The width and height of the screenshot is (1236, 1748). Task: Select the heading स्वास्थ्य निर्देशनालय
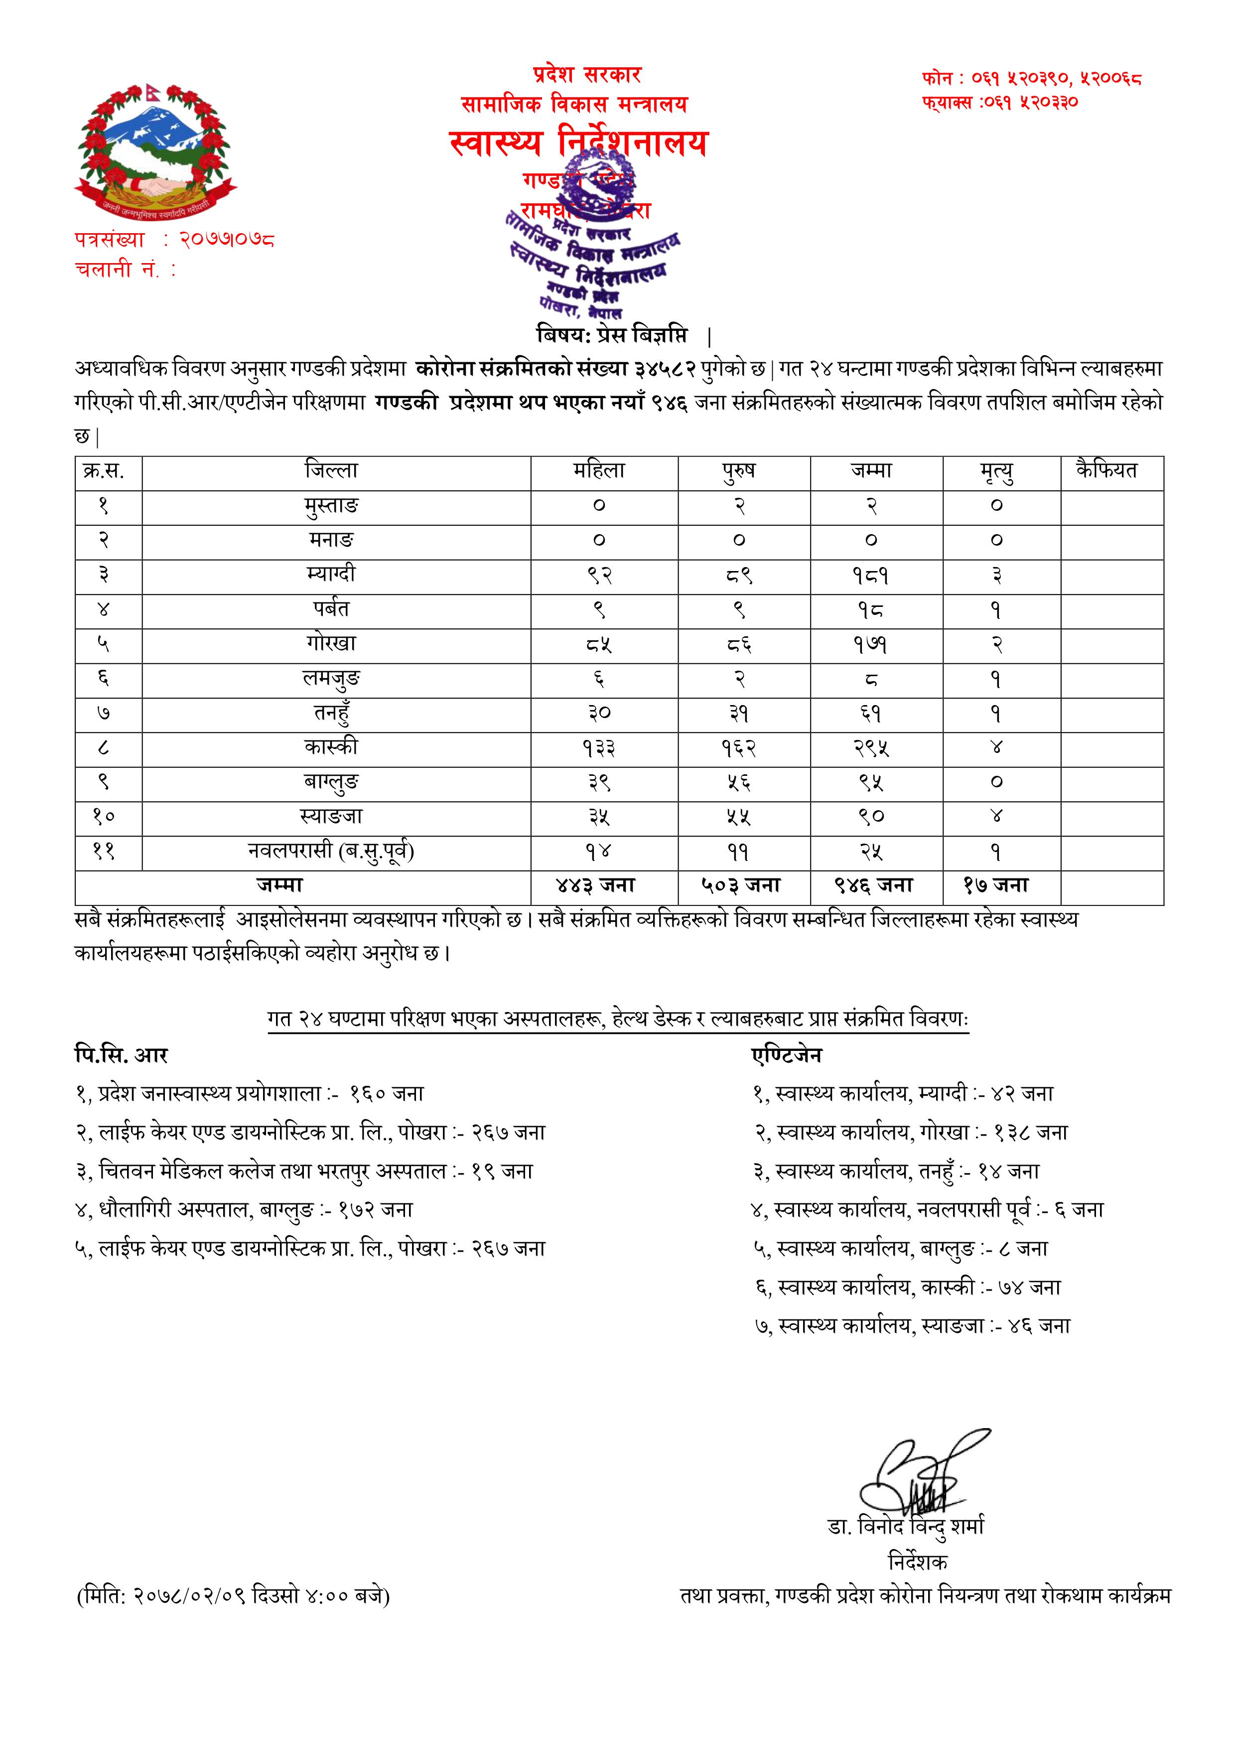[578, 143]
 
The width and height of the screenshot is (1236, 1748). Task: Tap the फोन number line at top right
[1031, 78]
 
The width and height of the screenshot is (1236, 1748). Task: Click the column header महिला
[600, 471]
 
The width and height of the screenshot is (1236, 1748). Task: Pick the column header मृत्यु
[997, 472]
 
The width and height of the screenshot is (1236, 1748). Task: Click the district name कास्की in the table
[331, 747]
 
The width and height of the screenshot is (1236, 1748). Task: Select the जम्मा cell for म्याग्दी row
[871, 576]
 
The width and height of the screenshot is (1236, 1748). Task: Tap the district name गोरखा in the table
[331, 644]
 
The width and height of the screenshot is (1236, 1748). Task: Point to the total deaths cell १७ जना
[996, 885]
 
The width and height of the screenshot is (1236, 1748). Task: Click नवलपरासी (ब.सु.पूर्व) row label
[331, 851]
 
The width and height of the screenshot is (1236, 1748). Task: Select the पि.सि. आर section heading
[121, 1055]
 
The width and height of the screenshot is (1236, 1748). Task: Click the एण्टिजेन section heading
[787, 1055]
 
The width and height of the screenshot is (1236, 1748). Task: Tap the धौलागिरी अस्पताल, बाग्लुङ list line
[244, 1210]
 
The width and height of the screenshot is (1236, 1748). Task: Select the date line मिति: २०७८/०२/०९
[234, 1596]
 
